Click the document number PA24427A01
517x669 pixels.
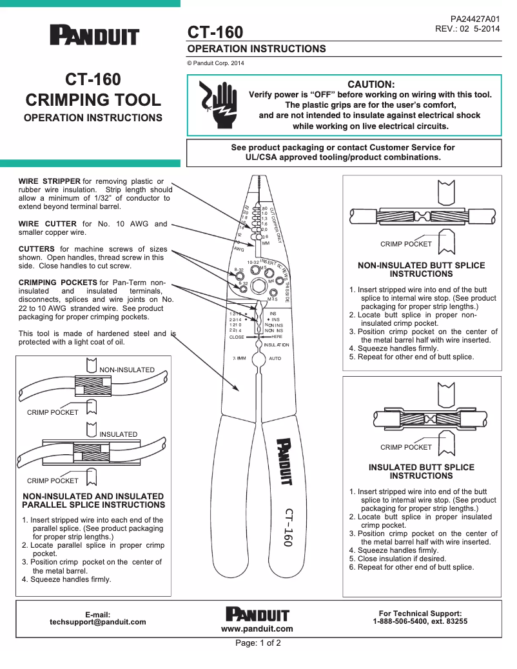475,20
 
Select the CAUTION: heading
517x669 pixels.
371,85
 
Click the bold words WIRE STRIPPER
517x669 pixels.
50,181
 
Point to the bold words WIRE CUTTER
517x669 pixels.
48,224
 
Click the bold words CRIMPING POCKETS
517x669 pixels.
57,283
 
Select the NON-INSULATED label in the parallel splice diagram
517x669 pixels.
126,370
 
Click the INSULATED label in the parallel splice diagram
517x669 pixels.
118,434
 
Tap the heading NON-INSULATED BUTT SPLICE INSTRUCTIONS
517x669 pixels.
422,270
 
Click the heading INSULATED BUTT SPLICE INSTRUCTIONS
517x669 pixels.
422,472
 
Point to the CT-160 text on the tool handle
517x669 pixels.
288,527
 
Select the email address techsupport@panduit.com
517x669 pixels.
98,622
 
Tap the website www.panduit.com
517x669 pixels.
257,628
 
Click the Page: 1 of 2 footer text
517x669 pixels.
258,643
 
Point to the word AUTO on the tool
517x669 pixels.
275,357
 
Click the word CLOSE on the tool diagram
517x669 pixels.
237,337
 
